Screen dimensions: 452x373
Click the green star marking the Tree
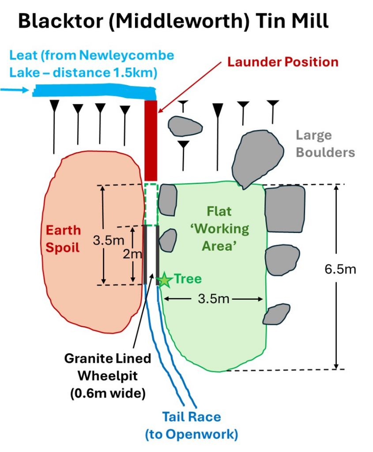pyautogui.click(x=164, y=280)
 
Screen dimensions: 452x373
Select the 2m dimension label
pyautogui.click(x=138, y=254)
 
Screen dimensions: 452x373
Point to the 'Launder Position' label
pyautogui.click(x=283, y=61)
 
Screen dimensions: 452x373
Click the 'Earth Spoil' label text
pyautogui.click(x=64, y=239)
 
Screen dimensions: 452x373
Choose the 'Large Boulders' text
pyautogui.click(x=325, y=143)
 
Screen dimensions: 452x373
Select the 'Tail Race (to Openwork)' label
pyautogui.click(x=191, y=425)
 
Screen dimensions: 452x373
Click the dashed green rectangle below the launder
pyautogui.click(x=151, y=205)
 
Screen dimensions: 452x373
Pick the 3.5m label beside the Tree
pyautogui.click(x=214, y=299)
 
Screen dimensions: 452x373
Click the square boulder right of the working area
pyautogui.click(x=285, y=208)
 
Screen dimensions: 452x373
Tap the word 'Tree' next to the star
pyautogui.click(x=188, y=279)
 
